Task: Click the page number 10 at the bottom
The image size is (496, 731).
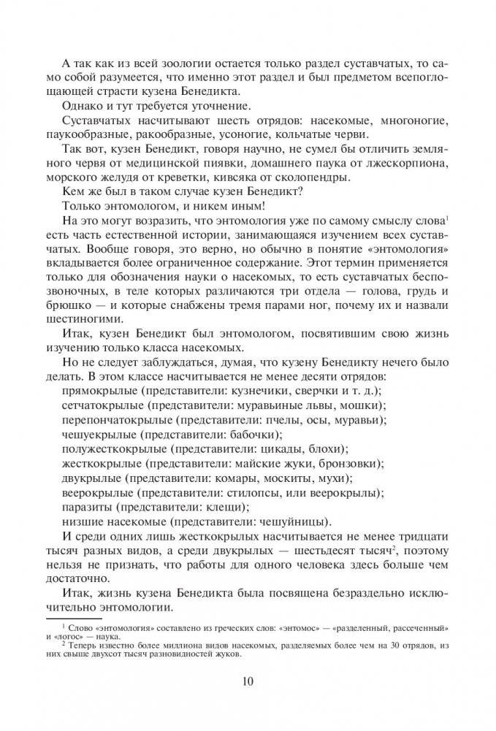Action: click(248, 683)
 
